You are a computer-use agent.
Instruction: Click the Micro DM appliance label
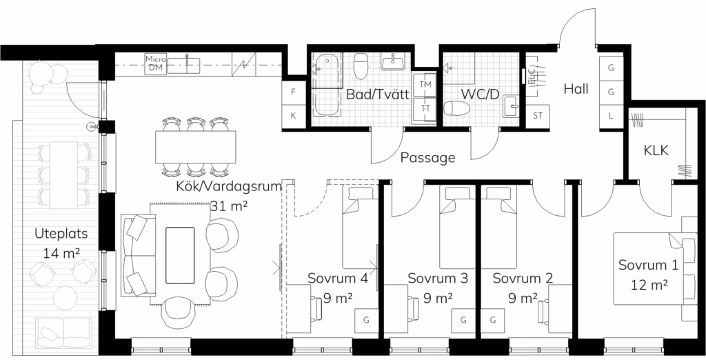(156, 63)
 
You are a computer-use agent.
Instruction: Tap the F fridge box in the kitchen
(294, 92)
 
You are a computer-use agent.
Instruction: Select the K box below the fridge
(294, 116)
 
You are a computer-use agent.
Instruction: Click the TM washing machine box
(425, 84)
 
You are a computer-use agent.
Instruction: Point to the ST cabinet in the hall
(538, 116)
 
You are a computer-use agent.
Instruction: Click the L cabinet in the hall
(611, 116)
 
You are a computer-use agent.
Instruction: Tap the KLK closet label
(656, 150)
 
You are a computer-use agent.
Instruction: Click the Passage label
(427, 158)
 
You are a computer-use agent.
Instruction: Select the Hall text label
(576, 89)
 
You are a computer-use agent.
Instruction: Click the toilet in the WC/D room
(457, 108)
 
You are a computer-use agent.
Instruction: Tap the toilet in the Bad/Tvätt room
(361, 66)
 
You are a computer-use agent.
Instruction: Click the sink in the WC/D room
(512, 106)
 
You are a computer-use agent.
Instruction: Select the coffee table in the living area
(180, 255)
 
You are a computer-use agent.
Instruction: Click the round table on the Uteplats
(65, 298)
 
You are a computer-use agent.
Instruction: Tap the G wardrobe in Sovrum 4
(366, 321)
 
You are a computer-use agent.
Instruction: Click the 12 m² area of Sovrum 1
(649, 285)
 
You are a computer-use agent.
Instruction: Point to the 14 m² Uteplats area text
(61, 253)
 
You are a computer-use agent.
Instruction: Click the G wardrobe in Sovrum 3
(463, 321)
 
